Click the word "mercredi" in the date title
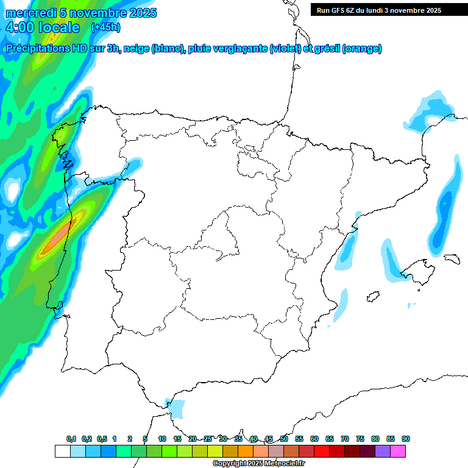click(x=31, y=13)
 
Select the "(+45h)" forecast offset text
click(x=105, y=27)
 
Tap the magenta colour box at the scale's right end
click(x=398, y=452)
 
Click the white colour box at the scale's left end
click(x=62, y=452)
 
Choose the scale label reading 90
click(x=406, y=439)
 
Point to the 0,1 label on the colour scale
click(x=71, y=439)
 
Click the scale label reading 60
click(x=314, y=439)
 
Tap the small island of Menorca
click(x=451, y=258)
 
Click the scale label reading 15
click(x=177, y=439)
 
